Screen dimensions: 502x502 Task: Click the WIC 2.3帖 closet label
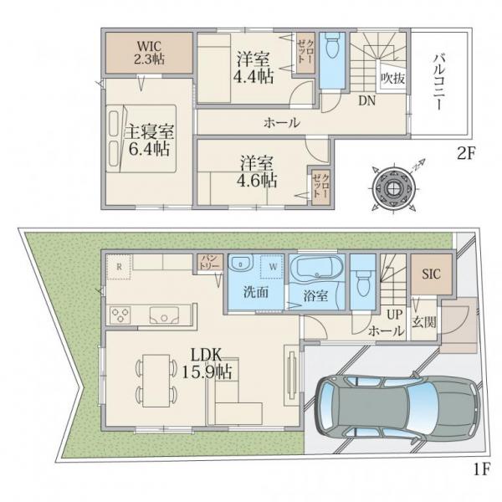[149, 53]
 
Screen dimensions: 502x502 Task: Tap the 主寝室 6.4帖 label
[149, 140]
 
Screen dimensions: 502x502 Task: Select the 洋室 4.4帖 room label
[254, 69]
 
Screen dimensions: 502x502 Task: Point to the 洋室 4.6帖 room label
[257, 172]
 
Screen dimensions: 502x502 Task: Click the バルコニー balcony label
[438, 83]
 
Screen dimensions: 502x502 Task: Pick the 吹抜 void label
[393, 78]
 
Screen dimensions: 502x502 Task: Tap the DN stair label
[367, 101]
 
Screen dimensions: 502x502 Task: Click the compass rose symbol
[392, 188]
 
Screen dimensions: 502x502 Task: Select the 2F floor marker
[465, 154]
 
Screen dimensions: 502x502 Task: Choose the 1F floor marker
[482, 469]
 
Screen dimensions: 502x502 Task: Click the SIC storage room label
[431, 274]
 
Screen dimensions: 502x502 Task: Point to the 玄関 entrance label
[424, 322]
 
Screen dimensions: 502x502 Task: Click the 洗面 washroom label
[256, 292]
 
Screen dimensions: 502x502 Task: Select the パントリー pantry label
[209, 263]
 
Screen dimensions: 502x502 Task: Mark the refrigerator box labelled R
[119, 267]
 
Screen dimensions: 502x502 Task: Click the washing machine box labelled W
[273, 267]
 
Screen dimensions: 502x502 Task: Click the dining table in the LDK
[156, 381]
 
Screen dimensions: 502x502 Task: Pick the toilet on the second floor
[331, 47]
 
